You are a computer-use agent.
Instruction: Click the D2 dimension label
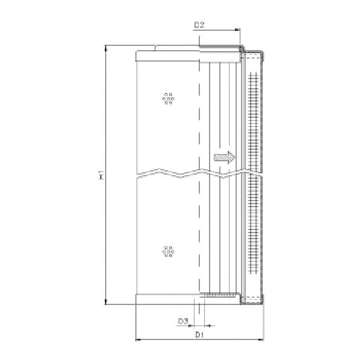coord(199,25)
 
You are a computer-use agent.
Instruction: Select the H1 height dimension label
coord(101,176)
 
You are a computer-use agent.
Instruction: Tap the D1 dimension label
coord(200,334)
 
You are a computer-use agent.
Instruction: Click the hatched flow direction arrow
coord(224,158)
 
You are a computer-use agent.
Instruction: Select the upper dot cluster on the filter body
coord(169,98)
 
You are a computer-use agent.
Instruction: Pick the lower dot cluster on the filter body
coord(169,251)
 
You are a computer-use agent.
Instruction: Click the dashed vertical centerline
coord(199,121)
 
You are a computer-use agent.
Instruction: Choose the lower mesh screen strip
coord(252,236)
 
